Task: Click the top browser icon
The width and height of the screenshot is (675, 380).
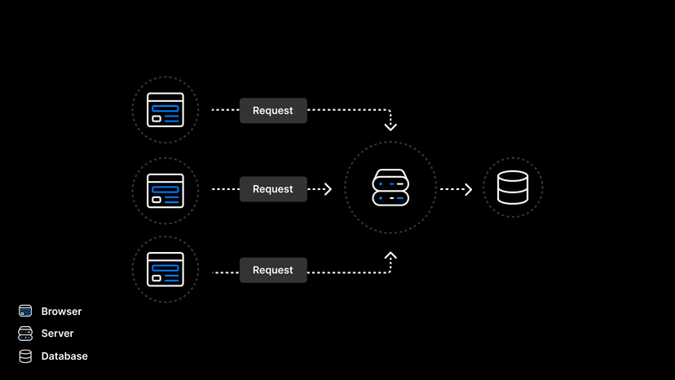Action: pos(165,110)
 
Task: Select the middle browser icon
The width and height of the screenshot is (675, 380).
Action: pos(165,189)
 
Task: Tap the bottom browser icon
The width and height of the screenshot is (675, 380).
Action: pos(165,269)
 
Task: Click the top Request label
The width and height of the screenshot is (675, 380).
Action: pos(273,111)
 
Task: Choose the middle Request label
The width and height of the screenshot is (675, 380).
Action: pos(273,189)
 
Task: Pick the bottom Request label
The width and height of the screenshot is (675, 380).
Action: pos(273,270)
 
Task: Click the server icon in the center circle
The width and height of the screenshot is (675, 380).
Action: pos(390,188)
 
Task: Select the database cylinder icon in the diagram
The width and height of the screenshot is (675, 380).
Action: pos(513,188)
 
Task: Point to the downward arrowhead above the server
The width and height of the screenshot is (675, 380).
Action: pos(390,126)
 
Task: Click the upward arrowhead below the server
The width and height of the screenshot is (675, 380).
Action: pos(390,256)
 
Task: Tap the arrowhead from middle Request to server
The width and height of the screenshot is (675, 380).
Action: pos(328,189)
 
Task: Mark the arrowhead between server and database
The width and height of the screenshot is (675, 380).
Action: pos(468,189)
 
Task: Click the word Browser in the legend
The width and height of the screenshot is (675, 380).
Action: pos(61,312)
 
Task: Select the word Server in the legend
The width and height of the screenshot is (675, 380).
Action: pos(57,334)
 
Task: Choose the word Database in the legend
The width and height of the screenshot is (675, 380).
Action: pos(64,356)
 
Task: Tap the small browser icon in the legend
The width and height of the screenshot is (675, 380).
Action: pos(25,312)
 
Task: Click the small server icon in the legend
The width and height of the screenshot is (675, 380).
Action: pos(25,334)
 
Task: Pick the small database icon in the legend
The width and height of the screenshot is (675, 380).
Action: pos(25,356)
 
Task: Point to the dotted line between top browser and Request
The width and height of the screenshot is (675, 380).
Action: pos(225,110)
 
